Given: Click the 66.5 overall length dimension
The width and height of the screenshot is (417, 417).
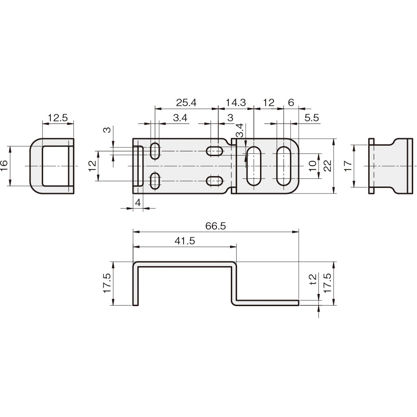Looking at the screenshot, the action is tap(215, 226).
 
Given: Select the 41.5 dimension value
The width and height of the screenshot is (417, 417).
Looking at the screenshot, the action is tap(185, 241).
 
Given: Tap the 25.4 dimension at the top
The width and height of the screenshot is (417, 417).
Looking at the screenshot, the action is tap(186, 103).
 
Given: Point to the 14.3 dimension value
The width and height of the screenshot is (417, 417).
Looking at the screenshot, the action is tap(236, 103).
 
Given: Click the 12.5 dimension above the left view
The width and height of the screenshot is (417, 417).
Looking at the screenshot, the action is tap(58, 117).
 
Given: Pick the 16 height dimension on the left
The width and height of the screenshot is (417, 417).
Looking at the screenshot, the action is tap(5, 166).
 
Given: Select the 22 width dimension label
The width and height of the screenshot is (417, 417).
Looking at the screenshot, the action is tap(328, 166).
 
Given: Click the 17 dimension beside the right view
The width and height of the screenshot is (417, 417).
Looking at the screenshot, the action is tap(348, 166).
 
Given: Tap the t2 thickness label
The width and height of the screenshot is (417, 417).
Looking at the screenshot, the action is tap(314, 279).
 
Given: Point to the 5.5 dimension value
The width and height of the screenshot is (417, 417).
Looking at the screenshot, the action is tap(311, 117).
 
